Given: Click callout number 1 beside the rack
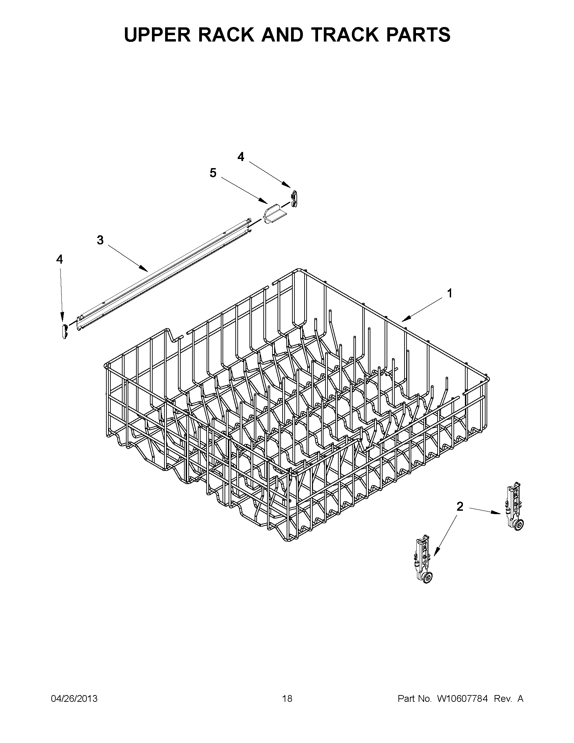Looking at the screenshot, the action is [449, 293].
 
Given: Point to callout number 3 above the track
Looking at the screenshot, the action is [100, 240].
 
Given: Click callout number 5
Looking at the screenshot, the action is [213, 173].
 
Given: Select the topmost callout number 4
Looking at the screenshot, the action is [240, 157].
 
